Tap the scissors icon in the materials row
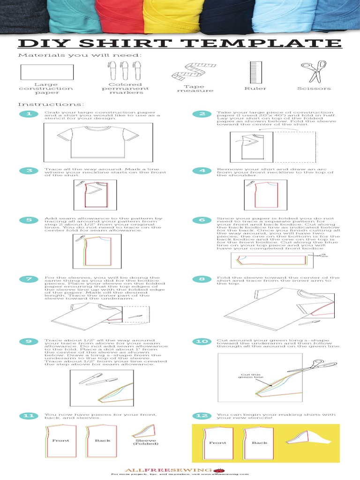313,71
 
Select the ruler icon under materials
255,72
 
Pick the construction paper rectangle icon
46,72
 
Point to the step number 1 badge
29,114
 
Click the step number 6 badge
202,220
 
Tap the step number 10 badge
202,341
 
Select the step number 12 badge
202,416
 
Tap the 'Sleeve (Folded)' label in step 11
146,442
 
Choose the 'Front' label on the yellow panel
217,442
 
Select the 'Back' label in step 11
102,441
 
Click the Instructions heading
51,104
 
